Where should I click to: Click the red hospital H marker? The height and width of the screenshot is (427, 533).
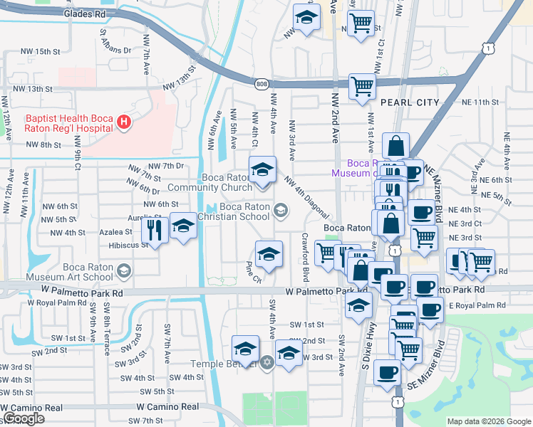click(x=125, y=122)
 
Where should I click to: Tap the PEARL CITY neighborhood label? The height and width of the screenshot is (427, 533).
click(x=410, y=102)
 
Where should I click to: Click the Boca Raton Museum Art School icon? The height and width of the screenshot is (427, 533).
click(x=125, y=270)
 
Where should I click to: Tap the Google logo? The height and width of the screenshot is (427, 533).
click(x=24, y=418)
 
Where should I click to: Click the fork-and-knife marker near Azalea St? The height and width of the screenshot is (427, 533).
click(x=155, y=228)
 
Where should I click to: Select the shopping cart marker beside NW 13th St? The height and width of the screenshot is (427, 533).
click(x=363, y=87)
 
